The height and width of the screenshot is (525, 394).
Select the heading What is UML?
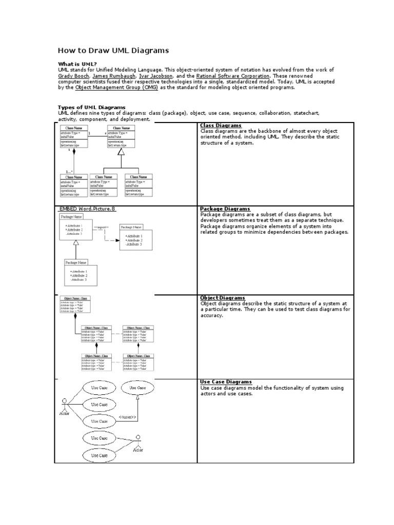pyautogui.click(x=77, y=64)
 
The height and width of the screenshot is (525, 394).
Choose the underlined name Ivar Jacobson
pyautogui.click(x=157, y=75)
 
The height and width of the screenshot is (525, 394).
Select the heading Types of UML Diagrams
pyautogui.click(x=92, y=107)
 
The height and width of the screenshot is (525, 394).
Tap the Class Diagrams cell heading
pyautogui.click(x=221, y=126)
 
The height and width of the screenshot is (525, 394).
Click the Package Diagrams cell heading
pyautogui.click(x=225, y=209)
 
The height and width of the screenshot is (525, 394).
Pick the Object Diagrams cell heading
pyautogui.click(x=223, y=298)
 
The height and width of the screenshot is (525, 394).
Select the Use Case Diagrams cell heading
pyautogui.click(x=226, y=382)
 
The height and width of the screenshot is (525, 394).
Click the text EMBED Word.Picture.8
pyautogui.click(x=88, y=209)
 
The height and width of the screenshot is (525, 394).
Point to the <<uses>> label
pyautogui.click(x=127, y=417)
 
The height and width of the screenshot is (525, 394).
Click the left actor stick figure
pyautogui.click(x=65, y=404)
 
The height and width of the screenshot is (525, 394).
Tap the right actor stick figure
pyautogui.click(x=137, y=442)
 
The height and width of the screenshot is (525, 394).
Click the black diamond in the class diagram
pyautogui.click(x=74, y=152)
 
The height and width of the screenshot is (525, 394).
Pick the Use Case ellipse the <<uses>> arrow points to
pyautogui.click(x=137, y=388)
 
